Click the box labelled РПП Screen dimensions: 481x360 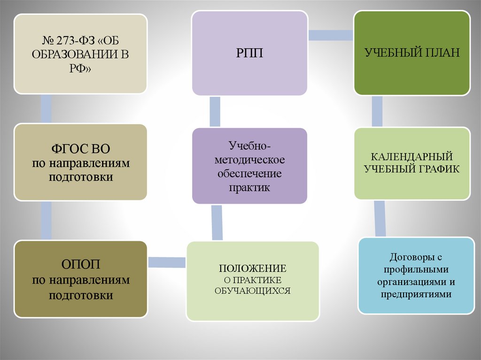(249, 53)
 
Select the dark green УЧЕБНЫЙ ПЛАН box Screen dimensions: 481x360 (411, 53)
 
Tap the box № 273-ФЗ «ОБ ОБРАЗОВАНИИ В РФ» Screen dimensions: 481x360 (80, 54)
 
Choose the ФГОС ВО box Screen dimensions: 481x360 (80, 162)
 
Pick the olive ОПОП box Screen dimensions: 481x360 (80, 279)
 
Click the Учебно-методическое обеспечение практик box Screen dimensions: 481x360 (249, 166)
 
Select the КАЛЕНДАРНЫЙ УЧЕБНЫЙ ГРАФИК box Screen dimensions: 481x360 (411, 163)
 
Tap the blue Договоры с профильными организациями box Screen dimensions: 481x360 (416, 276)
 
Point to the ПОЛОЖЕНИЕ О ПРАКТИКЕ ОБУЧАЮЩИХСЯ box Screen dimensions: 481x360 (252, 281)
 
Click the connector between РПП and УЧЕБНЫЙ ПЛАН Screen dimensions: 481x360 (331, 35)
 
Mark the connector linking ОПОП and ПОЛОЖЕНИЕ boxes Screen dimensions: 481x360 (167, 261)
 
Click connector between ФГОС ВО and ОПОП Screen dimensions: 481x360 (46, 221)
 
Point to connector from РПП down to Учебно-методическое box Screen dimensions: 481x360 (215, 111)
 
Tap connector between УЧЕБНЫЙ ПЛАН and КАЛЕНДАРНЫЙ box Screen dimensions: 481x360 (377, 112)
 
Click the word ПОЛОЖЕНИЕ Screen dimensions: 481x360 (252, 269)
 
